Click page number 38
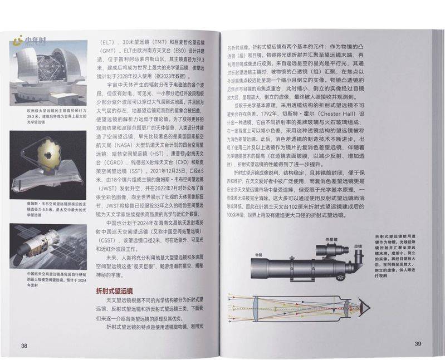24,345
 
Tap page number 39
418,343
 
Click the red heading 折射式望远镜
114,290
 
